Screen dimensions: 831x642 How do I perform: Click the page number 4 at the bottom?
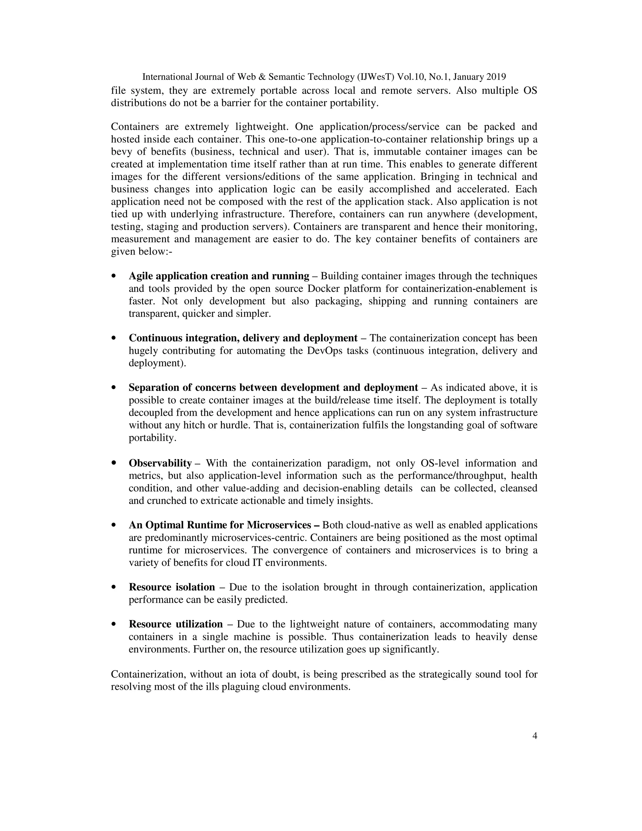click(x=534, y=736)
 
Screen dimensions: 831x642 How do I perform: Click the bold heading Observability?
click(x=160, y=463)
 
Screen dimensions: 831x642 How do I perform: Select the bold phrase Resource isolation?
click(x=172, y=587)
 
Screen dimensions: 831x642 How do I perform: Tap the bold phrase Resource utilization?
click(x=176, y=624)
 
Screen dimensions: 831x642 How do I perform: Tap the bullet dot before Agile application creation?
click(x=113, y=276)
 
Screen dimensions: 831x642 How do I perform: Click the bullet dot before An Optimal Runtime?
click(x=113, y=525)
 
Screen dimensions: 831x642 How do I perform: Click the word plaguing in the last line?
click(x=241, y=687)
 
